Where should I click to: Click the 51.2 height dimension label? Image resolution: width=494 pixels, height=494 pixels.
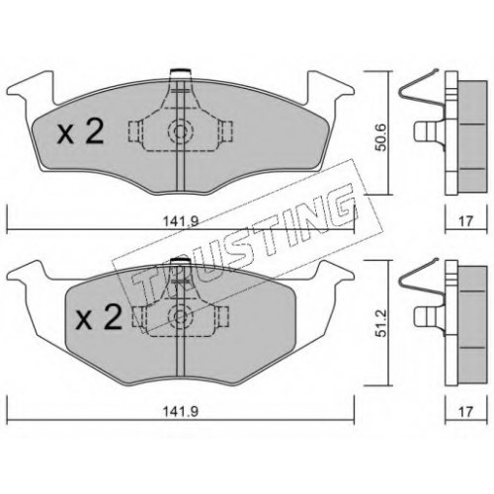click(381, 322)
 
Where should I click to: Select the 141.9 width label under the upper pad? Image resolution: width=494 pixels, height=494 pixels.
click(181, 221)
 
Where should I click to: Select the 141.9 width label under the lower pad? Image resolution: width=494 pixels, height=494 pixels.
click(181, 411)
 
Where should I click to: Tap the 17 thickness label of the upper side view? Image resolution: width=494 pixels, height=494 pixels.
click(465, 221)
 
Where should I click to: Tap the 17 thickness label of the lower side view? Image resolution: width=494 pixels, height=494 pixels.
click(465, 411)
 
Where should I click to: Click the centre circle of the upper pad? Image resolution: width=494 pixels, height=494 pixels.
click(180, 131)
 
